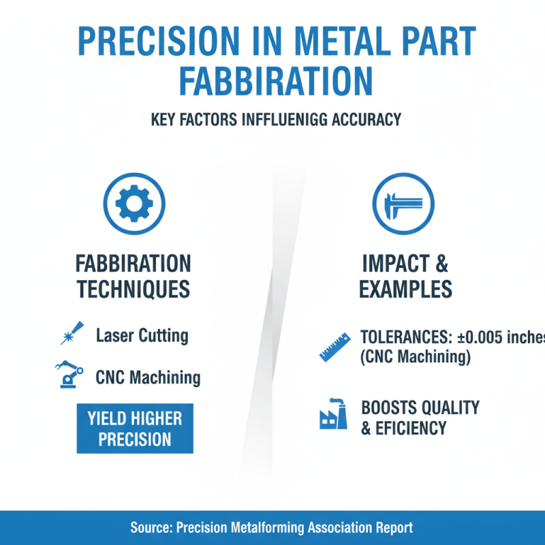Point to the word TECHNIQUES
pyautogui.click(x=133, y=289)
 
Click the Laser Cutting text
pyautogui.click(x=142, y=335)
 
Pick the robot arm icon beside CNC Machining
pyautogui.click(x=68, y=375)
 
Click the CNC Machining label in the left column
pyautogui.click(x=148, y=377)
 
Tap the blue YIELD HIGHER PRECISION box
pyautogui.click(x=135, y=429)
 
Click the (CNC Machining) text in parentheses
pyautogui.click(x=415, y=357)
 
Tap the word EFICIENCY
pyautogui.click(x=409, y=428)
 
